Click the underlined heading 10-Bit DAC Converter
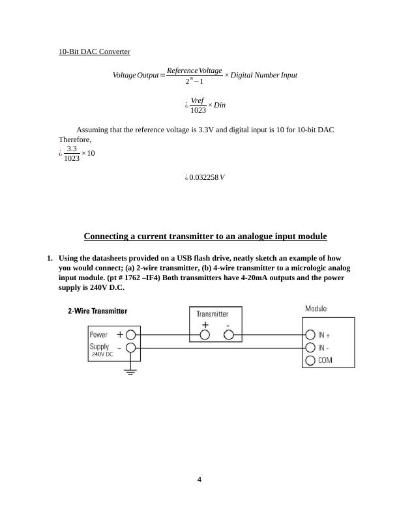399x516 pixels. pos(95,51)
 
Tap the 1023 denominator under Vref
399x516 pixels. pos(198,111)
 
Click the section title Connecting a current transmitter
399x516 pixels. pos(205,236)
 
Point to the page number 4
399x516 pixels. pos(199,480)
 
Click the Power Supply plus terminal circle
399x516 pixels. pos(130,335)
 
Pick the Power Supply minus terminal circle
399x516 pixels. pos(130,347)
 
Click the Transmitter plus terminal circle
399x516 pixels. pos(205,335)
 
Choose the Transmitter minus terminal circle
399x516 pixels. pos(229,335)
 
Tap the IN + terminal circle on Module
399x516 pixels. pos(310,335)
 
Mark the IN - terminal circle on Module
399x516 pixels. pos(310,347)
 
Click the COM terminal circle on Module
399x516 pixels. pos(310,360)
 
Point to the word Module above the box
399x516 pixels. pos(316,308)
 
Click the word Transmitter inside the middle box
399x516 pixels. pos(213,313)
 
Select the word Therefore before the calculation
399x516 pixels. pos(74,139)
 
